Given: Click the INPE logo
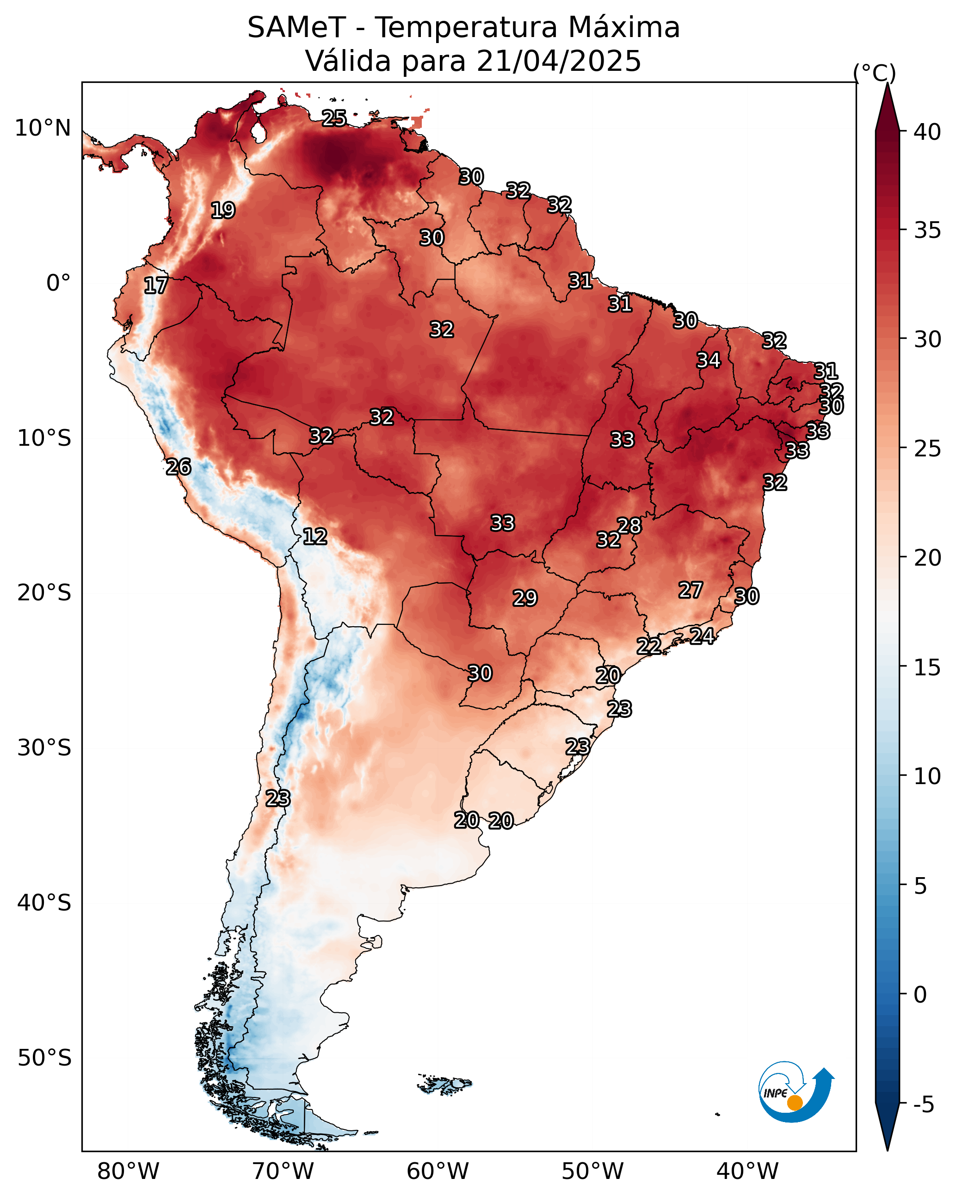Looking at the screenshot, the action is tap(796, 1091).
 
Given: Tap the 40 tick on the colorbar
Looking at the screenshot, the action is tap(903, 131).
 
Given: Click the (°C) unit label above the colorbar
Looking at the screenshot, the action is tap(875, 73).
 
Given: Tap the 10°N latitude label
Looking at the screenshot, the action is tap(43, 128).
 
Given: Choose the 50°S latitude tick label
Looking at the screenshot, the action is tap(44, 1058).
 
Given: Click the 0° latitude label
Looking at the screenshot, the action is tap(59, 283).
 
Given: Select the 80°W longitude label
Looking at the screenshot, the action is tap(128, 1171).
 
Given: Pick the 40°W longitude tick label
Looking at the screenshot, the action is tap(747, 1171).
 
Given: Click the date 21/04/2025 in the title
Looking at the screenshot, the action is tap(559, 61).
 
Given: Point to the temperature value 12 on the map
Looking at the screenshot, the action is tap(315, 536).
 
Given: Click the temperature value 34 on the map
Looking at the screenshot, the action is tap(709, 360).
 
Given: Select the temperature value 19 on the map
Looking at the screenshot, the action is tap(223, 211).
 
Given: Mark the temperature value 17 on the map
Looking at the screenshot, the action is tap(156, 286).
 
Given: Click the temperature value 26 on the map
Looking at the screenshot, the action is tap(179, 467).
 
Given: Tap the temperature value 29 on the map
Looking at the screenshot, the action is tap(525, 598).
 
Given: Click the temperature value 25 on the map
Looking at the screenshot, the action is tap(334, 118).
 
